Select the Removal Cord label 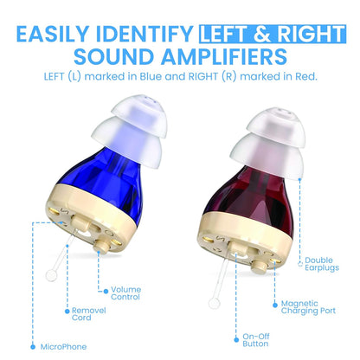click(x=87, y=314)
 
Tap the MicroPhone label click(x=64, y=346)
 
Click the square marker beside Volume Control click(x=103, y=288)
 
